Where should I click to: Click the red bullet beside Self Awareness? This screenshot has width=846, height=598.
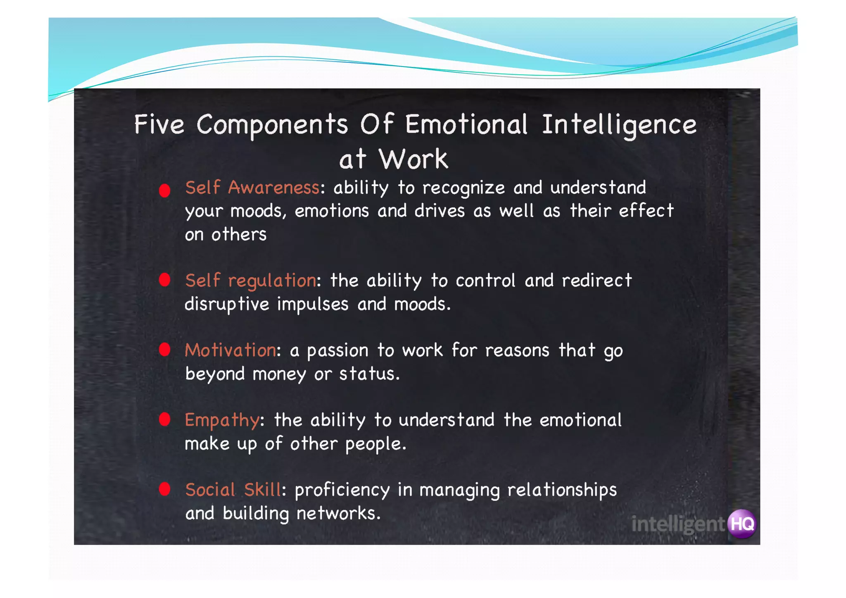pos(164,191)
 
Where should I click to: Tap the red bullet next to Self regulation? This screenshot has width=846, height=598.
pos(164,280)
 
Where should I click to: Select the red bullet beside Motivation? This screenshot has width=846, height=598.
pos(164,350)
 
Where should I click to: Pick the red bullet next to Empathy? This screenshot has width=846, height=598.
pos(164,419)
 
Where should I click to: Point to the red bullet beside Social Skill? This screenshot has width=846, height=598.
pos(164,489)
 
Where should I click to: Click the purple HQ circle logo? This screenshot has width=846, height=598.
pos(742,524)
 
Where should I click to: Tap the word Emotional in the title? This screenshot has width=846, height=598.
pos(466,124)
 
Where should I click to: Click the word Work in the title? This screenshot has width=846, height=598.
pos(413,159)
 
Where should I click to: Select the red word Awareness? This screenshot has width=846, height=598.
pos(273,188)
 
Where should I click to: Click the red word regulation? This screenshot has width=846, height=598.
pos(272,281)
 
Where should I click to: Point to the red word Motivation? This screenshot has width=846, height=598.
pos(231,350)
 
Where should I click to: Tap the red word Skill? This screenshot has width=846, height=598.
pos(262,490)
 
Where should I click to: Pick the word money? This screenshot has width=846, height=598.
pos(279,374)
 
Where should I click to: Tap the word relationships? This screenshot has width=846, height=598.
pos(562,490)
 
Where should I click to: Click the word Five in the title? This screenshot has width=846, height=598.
pos(159,124)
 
